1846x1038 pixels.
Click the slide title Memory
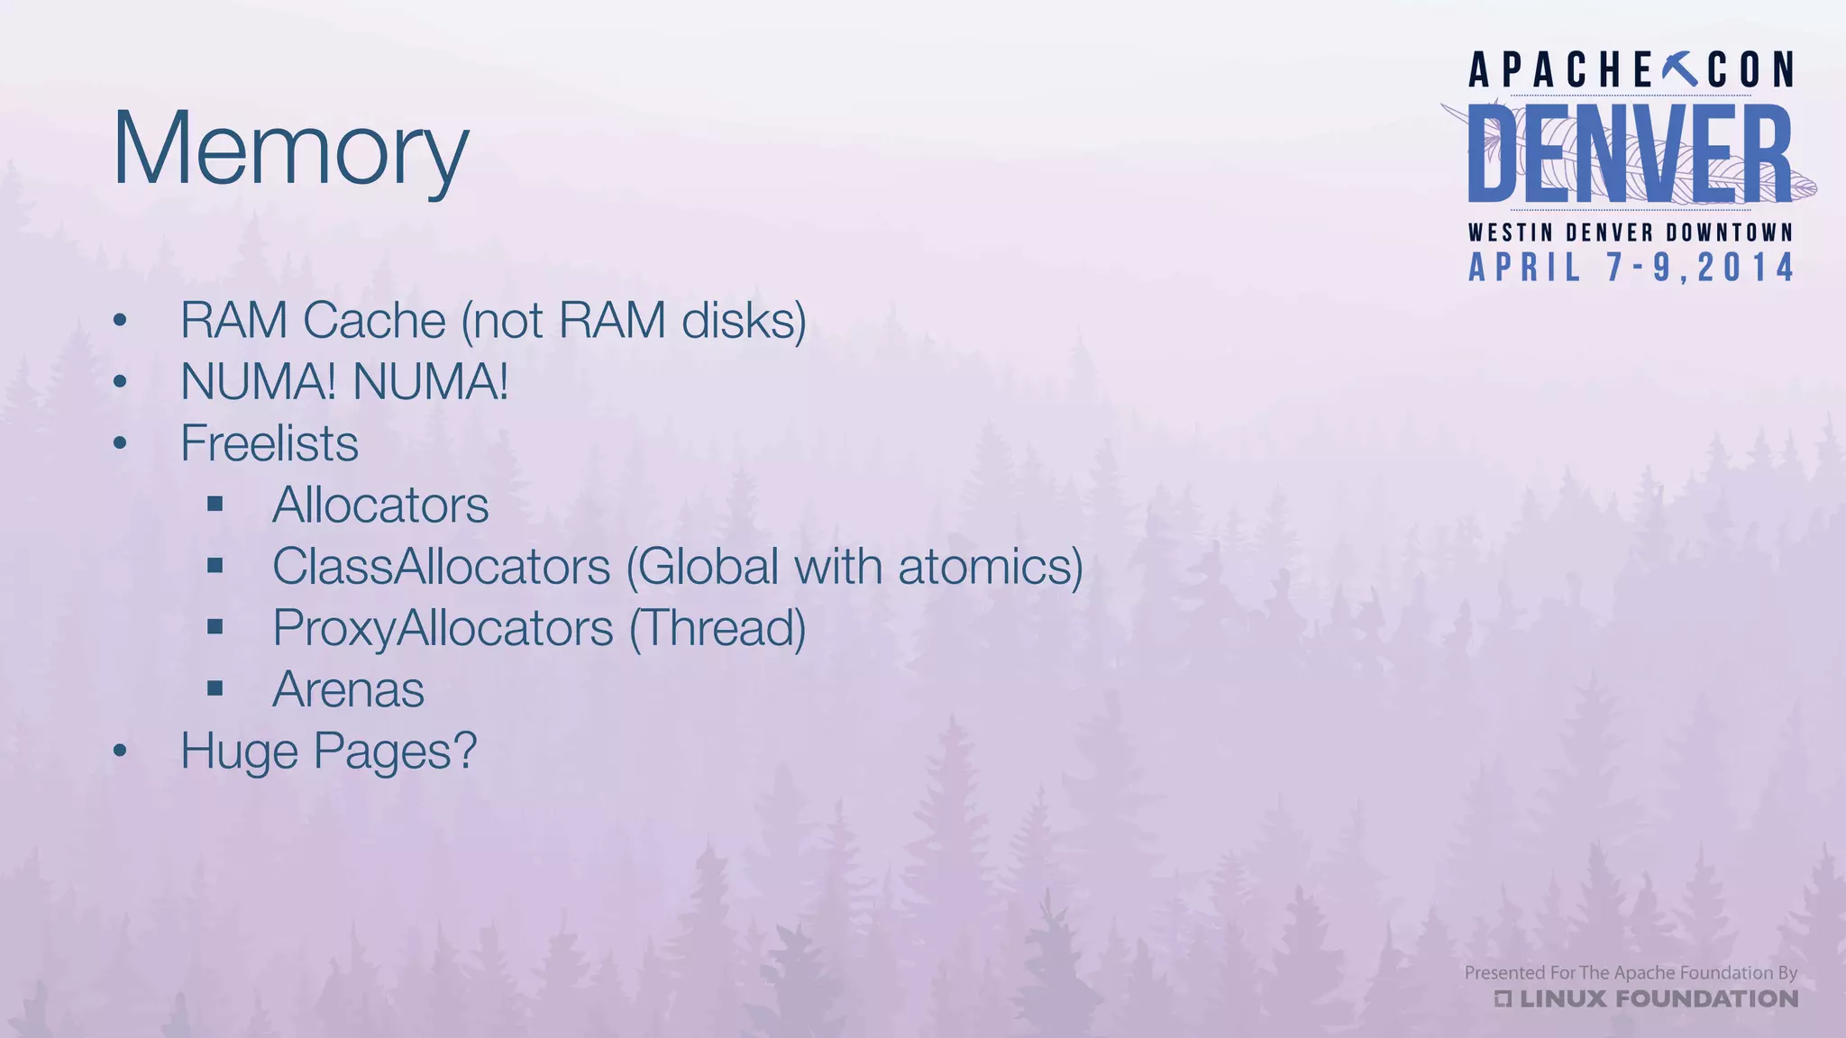(x=290, y=149)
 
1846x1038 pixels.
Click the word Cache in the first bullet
(x=375, y=321)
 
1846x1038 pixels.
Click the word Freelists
(x=270, y=443)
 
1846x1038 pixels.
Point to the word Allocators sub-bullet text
(x=380, y=505)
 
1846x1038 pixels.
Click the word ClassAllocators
(x=442, y=567)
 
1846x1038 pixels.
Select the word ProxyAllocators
(x=443, y=628)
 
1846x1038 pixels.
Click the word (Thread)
(x=717, y=628)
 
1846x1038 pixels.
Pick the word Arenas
(x=348, y=690)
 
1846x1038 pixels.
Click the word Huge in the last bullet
(x=239, y=751)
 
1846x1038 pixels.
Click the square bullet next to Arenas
(x=215, y=689)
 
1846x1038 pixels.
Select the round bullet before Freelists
(x=121, y=443)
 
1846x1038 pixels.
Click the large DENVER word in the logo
(x=1630, y=154)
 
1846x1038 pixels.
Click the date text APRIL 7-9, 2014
(x=1631, y=268)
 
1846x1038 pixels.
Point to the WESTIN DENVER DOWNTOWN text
(x=1631, y=232)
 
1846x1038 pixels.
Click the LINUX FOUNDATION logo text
(x=1657, y=998)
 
